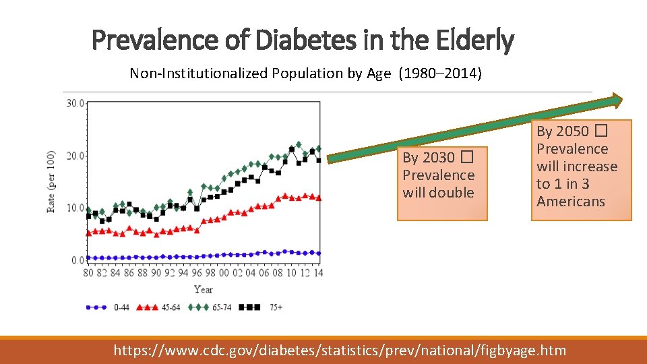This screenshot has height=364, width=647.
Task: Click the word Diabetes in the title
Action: pos(306,40)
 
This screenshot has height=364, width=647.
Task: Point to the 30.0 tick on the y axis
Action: pos(75,103)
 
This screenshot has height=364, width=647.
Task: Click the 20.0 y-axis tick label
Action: pos(75,156)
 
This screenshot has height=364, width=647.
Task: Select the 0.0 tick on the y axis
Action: pos(78,260)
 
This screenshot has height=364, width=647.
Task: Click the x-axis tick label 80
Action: pos(88,273)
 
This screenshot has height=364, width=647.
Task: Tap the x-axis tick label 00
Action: pos(224,273)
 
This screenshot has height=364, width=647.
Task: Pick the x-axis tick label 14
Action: pos(318,273)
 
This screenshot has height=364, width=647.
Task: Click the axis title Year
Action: pos(204,290)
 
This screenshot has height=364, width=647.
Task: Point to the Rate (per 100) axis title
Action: pos(51,182)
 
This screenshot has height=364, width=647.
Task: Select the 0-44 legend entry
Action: pos(107,307)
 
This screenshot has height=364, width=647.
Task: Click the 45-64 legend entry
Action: pos(158,307)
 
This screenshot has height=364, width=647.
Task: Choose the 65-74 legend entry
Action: pos(210,307)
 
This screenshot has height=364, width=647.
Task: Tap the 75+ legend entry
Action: pos(261,307)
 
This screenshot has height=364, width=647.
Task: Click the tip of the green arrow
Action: pos(622,100)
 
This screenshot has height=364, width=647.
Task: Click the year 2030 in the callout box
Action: pos(429,158)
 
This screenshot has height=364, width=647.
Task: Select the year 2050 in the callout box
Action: pos(563,131)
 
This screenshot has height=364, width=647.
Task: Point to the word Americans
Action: pos(571,202)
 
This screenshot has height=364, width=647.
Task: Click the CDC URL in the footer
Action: pos(340,351)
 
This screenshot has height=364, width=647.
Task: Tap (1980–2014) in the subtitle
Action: pos(440,73)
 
